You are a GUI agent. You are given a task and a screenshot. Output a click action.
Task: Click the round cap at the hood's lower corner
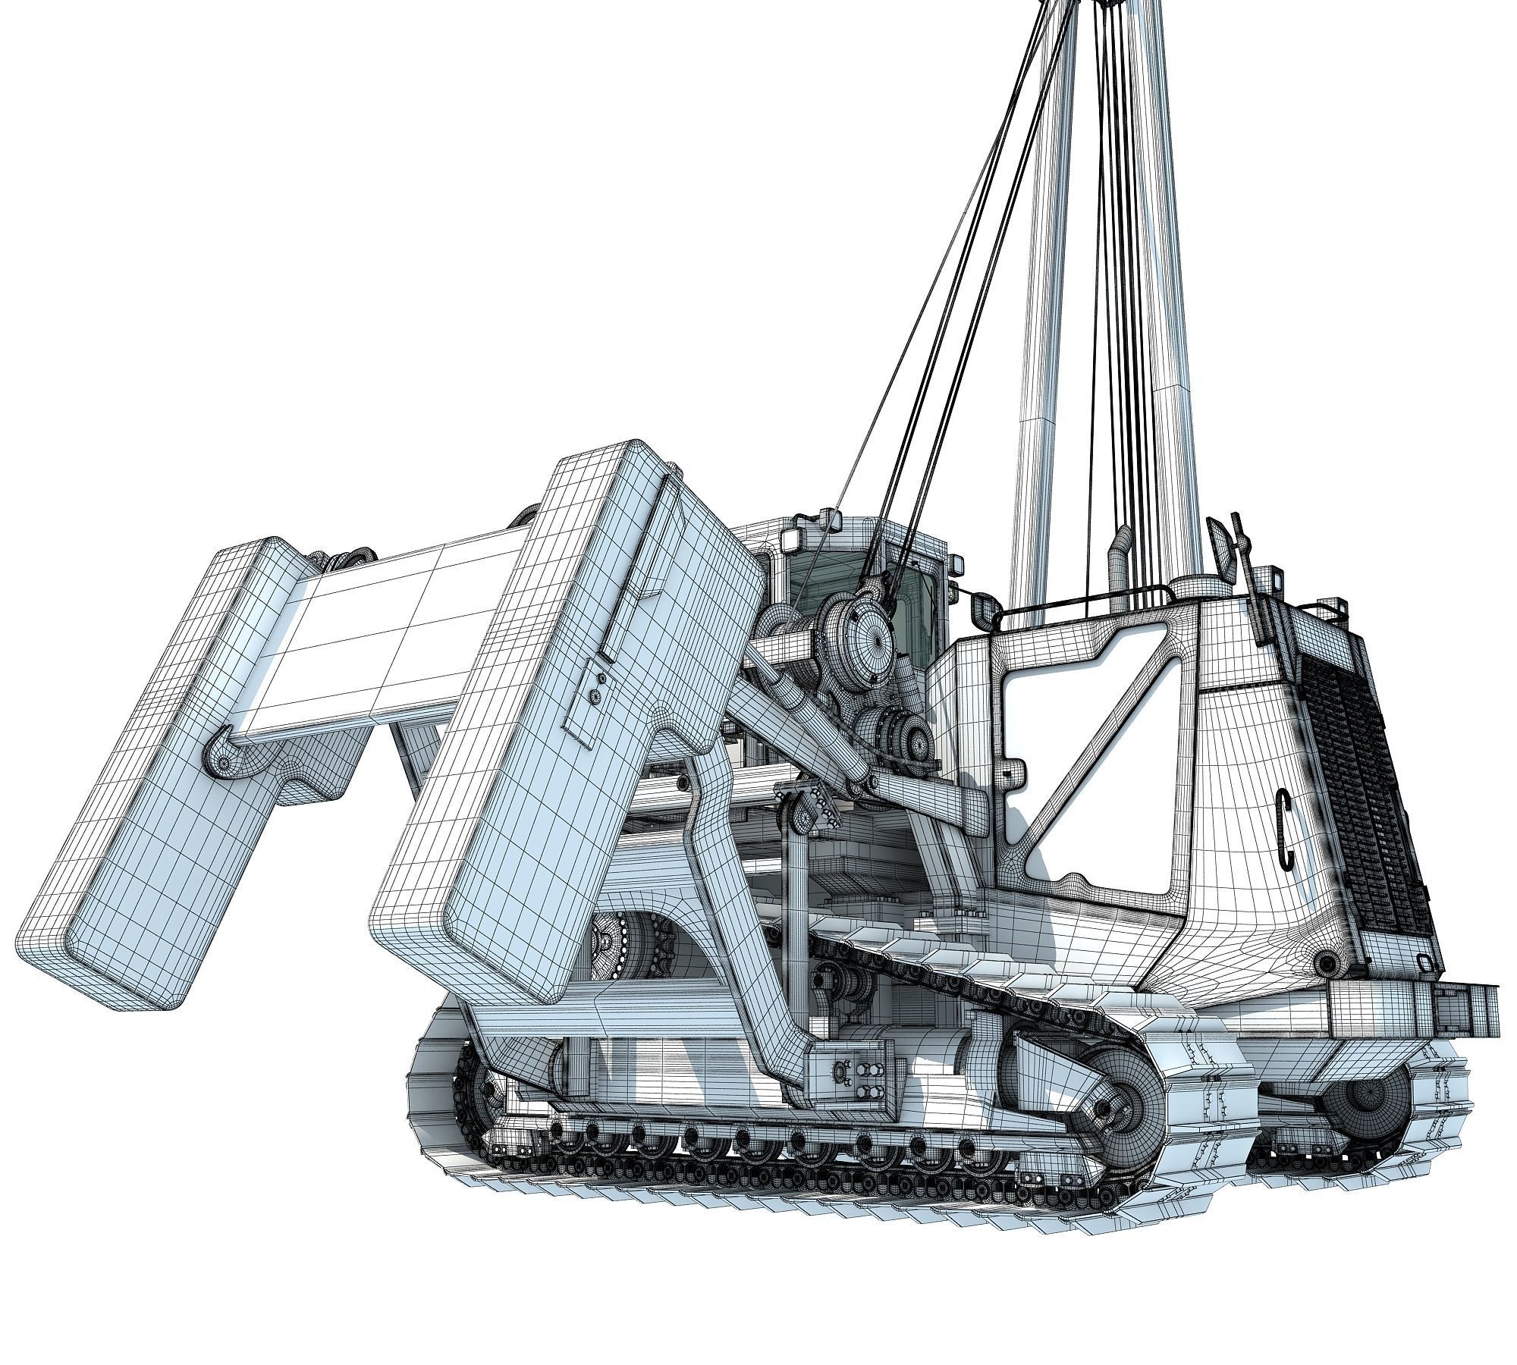click(x=1326, y=964)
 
